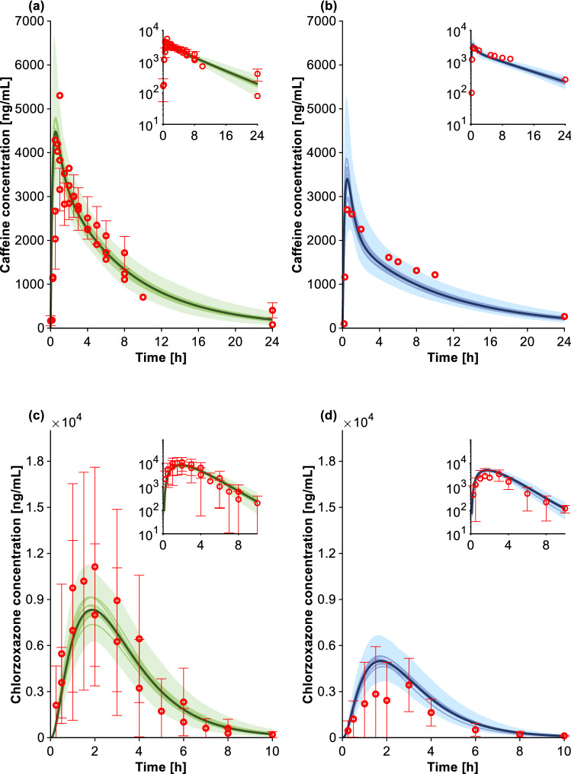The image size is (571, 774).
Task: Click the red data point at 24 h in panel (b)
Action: click(x=564, y=316)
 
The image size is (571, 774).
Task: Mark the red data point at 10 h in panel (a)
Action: click(x=143, y=297)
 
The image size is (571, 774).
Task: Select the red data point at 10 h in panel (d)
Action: click(x=564, y=736)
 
